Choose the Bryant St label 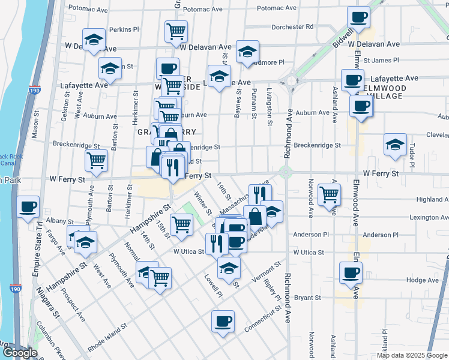click(x=309, y=297)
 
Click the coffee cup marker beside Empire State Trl click(x=29, y=207)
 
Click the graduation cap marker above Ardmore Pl click(x=246, y=52)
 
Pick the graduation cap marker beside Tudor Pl click(x=395, y=145)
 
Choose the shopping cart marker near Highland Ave click(x=329, y=193)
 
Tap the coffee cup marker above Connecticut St click(x=223, y=320)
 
